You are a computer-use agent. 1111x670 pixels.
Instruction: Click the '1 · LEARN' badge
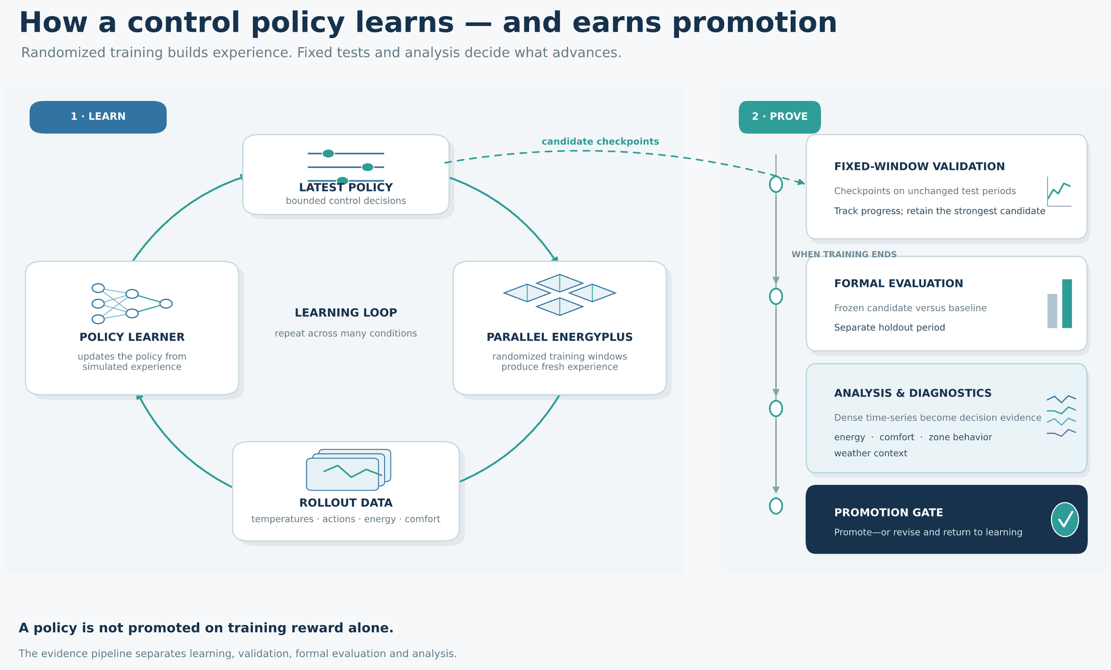(98, 117)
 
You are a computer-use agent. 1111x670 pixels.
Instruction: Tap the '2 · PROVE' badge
(779, 117)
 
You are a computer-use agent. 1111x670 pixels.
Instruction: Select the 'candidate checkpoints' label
(600, 141)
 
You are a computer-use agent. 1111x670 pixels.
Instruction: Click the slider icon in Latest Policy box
(346, 167)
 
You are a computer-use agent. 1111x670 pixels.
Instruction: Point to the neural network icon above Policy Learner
(132, 304)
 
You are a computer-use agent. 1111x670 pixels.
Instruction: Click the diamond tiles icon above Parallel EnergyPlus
(559, 295)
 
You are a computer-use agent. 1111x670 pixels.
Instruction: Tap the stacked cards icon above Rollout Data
(348, 469)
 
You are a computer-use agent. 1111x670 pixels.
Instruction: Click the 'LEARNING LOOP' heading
(346, 313)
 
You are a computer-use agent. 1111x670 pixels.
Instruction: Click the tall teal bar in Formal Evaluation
(1067, 304)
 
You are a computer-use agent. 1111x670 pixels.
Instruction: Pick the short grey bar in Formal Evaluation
(1052, 311)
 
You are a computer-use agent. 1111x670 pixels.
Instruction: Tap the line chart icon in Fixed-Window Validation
(1059, 191)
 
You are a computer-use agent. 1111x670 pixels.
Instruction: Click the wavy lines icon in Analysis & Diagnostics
(1061, 416)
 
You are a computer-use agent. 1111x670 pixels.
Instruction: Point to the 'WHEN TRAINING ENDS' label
(844, 254)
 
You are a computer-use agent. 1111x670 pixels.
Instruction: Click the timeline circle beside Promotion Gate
(775, 506)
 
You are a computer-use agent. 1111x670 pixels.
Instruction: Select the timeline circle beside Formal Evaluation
(775, 297)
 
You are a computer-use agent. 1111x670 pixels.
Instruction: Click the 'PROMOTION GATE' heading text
(888, 513)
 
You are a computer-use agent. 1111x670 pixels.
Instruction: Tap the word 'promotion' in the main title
(754, 23)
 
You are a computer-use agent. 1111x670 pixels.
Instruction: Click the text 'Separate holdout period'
(889, 327)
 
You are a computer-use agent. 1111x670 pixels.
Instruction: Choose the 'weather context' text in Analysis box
(870, 453)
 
